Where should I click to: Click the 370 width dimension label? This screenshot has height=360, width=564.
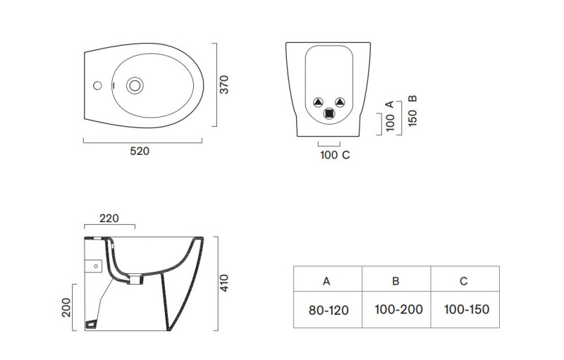224,85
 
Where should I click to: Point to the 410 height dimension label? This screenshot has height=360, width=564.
224,282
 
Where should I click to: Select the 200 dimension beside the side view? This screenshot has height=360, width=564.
66,307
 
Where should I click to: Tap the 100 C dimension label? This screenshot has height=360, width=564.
335,155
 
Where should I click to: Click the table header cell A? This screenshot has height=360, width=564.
326,281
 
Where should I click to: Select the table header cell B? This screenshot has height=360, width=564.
396,281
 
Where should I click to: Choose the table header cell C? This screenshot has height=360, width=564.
464,281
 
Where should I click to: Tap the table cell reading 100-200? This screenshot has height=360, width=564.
396,309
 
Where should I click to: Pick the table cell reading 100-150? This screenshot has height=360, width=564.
466,309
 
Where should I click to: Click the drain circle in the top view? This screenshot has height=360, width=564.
134,85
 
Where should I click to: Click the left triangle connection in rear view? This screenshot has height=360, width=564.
318,101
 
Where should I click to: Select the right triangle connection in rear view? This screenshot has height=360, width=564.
340,101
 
